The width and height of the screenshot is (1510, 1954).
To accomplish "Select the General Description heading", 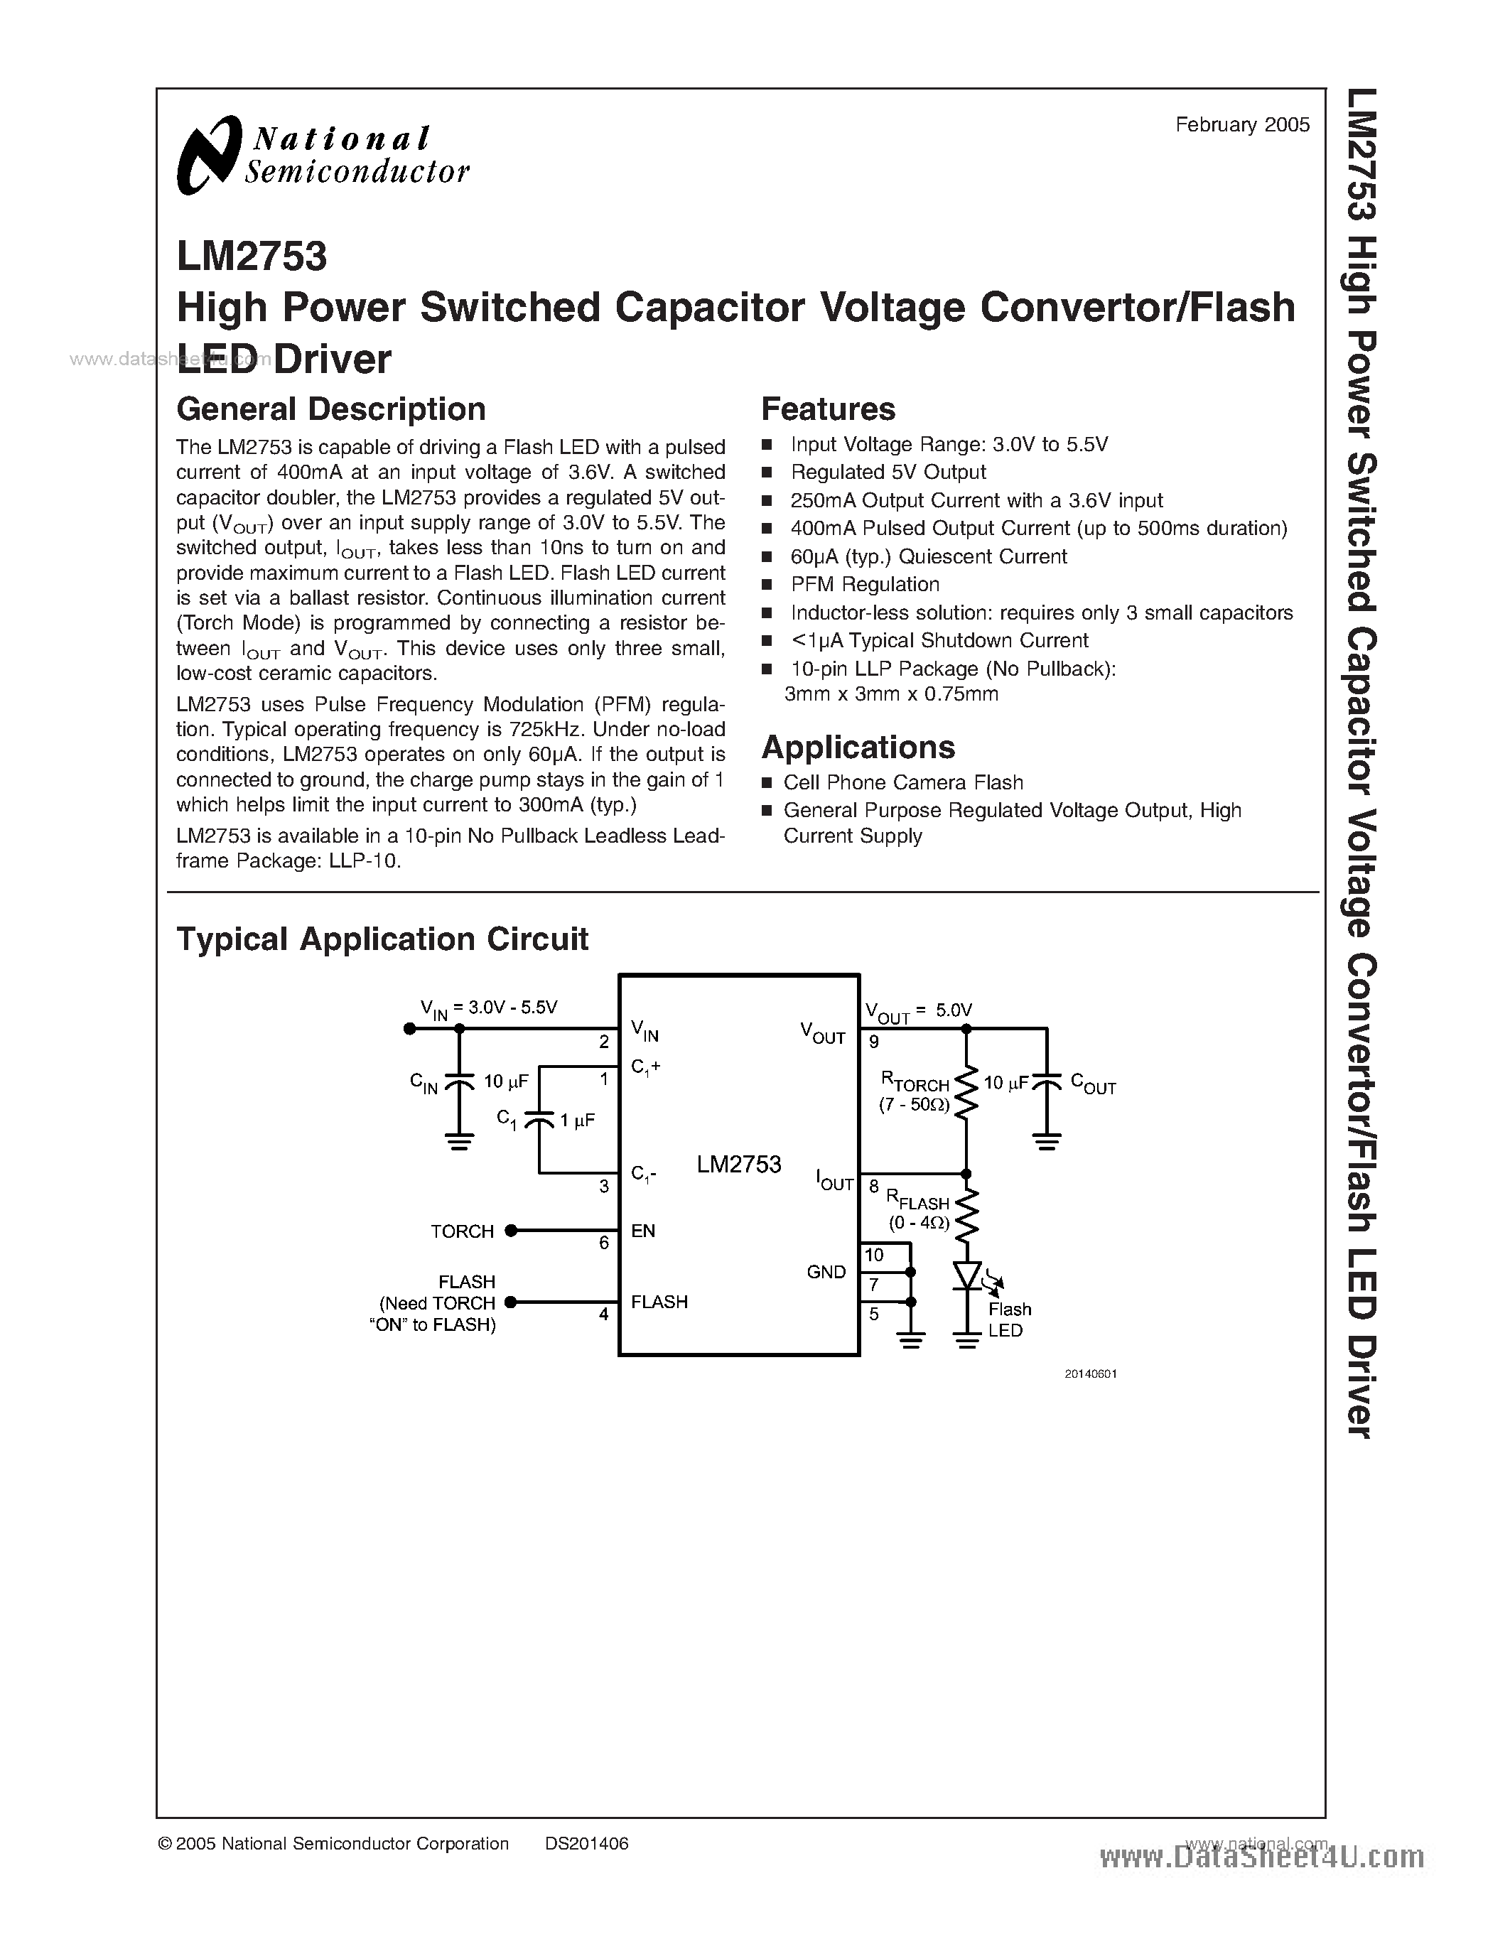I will pos(331,409).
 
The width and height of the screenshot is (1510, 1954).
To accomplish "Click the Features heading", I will pos(827,409).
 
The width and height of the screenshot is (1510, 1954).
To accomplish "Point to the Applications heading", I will pos(858,747).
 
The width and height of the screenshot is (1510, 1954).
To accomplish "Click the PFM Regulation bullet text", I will pos(864,584).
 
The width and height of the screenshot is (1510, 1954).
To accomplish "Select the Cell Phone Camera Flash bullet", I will pos(902,783).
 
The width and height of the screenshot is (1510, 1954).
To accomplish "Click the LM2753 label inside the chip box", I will pos(739,1164).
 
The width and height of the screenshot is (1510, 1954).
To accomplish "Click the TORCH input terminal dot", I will pos(511,1231).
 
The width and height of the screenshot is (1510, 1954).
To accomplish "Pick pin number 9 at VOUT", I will pos(873,1042).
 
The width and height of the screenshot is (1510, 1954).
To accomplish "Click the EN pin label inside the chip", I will pos(643,1231).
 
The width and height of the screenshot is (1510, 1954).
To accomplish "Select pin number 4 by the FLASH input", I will pos(605,1315).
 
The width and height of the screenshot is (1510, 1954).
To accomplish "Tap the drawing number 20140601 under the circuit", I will pos(1091,1373).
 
